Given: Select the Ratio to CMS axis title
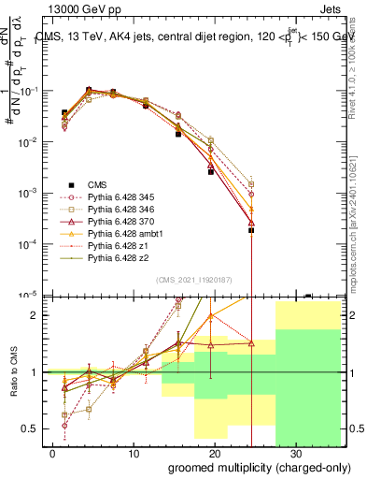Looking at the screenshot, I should click(14, 371).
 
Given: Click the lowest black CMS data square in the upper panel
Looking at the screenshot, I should click(251, 230).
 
